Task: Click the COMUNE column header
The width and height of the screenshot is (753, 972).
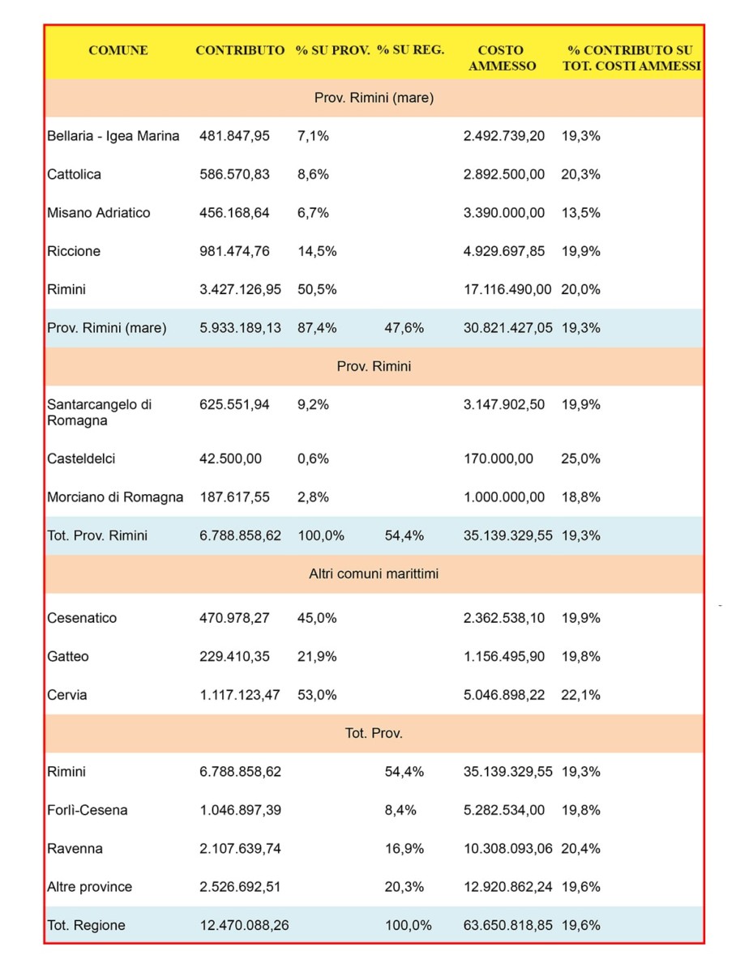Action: point(118,50)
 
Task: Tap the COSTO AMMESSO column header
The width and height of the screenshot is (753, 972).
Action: point(502,58)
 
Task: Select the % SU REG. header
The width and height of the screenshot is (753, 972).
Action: point(410,49)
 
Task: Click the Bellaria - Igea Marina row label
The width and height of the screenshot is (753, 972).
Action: point(113,136)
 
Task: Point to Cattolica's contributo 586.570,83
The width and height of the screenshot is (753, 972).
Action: point(234,174)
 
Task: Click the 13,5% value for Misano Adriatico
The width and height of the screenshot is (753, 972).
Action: point(580,212)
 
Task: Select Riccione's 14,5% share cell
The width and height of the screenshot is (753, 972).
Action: point(317,251)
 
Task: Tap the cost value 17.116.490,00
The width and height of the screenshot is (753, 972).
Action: point(507,289)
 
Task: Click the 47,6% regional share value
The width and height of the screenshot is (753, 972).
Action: point(404,328)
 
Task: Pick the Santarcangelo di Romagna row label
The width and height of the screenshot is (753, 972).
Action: point(100,412)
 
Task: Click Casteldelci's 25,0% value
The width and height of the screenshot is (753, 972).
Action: point(580,458)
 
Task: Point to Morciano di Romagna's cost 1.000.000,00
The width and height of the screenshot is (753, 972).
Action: point(504,497)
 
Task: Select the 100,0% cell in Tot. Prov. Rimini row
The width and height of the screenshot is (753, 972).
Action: point(321,535)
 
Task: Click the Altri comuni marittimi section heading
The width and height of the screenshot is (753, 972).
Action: point(374,574)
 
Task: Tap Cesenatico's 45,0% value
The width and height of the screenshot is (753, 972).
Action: point(317,618)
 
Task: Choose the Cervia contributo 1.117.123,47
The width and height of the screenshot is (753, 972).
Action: point(240,695)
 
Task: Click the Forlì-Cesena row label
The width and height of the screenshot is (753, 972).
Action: point(88,810)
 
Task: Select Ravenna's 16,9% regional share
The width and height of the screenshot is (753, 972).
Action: point(404,849)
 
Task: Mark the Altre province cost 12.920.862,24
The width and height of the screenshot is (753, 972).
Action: point(508,887)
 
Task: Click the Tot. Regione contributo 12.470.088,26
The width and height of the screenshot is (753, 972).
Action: point(244,926)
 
